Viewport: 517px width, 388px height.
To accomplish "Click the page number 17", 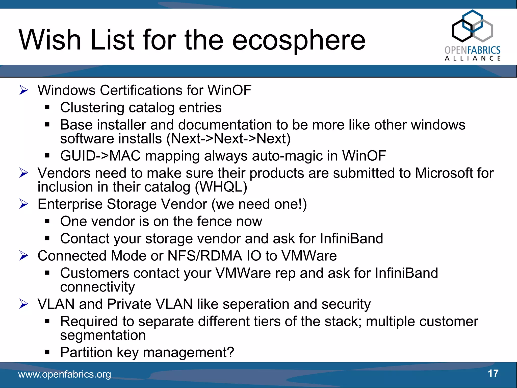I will pos(493,373).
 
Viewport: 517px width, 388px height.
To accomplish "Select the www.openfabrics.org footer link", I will pos(65,374).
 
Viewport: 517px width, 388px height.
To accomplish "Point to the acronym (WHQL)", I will pos(221,187).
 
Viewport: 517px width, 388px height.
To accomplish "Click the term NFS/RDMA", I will pos(205,256).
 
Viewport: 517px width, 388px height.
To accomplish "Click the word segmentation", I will pos(103,335).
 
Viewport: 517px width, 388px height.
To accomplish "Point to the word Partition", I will pos(86,352).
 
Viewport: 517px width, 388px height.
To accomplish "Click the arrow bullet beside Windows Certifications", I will pos(24,90).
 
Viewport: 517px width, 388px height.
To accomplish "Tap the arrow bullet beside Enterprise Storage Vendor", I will pos(24,204).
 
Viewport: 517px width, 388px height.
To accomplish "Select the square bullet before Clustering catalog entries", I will pos(47,108).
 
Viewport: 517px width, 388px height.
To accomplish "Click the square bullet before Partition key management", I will pos(47,352).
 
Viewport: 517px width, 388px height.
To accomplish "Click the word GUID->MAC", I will pos(100,156).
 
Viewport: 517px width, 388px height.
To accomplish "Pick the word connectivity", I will pos(97,287).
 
